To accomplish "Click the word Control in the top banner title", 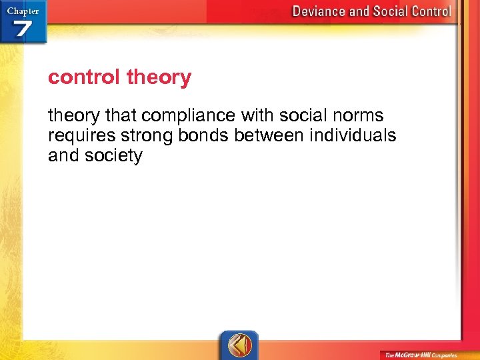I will point(428,11).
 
